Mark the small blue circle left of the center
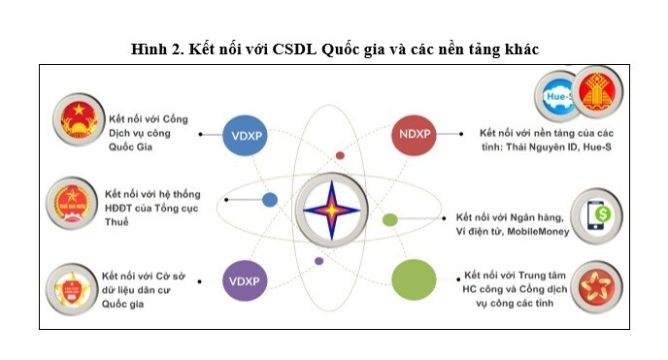pos(269,200)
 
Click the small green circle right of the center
pos(389,219)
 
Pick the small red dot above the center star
pos(340,155)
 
